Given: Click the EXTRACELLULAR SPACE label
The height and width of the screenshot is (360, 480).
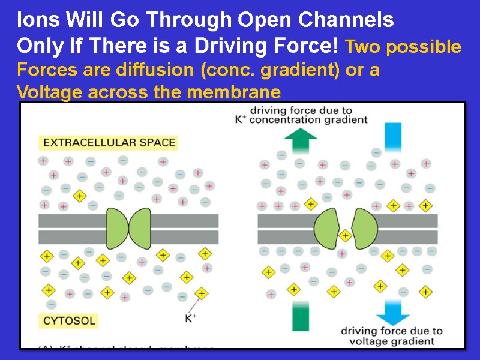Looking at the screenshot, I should coord(108,143).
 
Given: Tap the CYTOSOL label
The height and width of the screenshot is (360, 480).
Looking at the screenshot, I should coord(69,320).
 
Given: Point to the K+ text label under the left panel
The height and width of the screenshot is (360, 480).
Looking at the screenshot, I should coord(190,319).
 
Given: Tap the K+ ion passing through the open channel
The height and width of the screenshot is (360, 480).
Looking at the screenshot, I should coord(344,235).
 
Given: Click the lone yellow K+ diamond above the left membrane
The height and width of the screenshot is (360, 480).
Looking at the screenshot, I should coord(79,196).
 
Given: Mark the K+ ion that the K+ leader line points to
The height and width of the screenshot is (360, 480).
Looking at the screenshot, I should coord(202,293).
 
